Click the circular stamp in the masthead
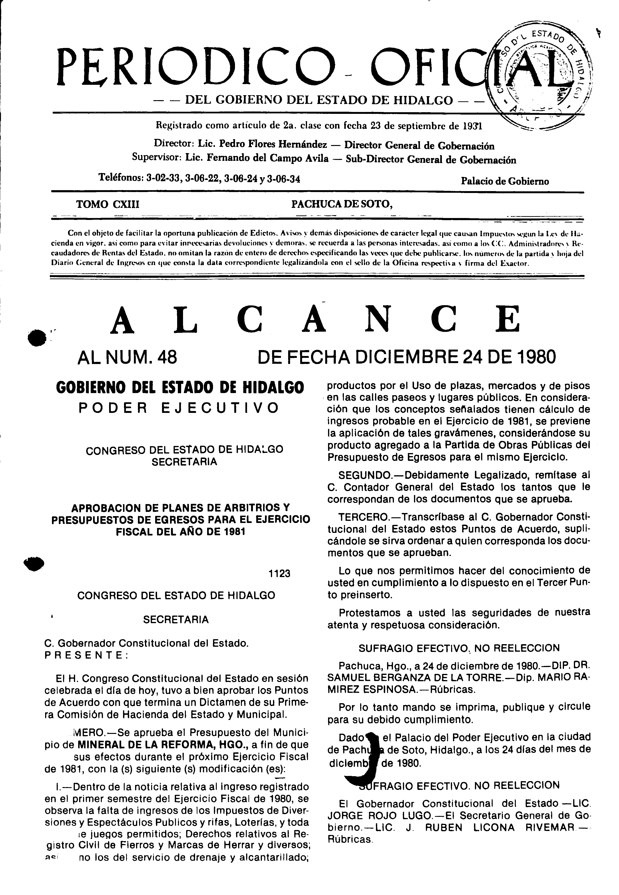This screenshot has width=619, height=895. tap(543, 76)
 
